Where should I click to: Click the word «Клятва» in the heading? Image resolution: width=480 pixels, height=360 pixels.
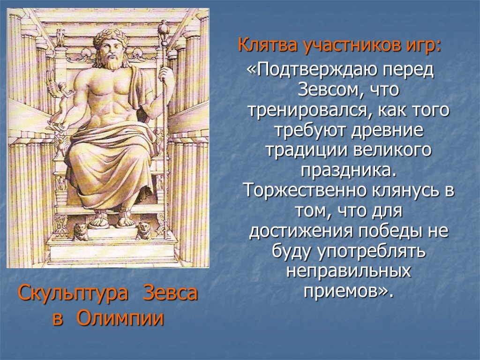[x=268, y=45]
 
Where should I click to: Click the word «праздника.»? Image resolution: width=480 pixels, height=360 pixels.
[x=348, y=171]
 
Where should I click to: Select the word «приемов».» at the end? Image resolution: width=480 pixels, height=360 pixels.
[x=348, y=291]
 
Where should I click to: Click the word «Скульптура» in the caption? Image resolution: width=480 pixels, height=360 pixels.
[x=73, y=293]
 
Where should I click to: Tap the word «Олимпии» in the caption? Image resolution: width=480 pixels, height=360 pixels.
[x=120, y=318]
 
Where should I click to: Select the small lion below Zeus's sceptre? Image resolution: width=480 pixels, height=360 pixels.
[x=143, y=230]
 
